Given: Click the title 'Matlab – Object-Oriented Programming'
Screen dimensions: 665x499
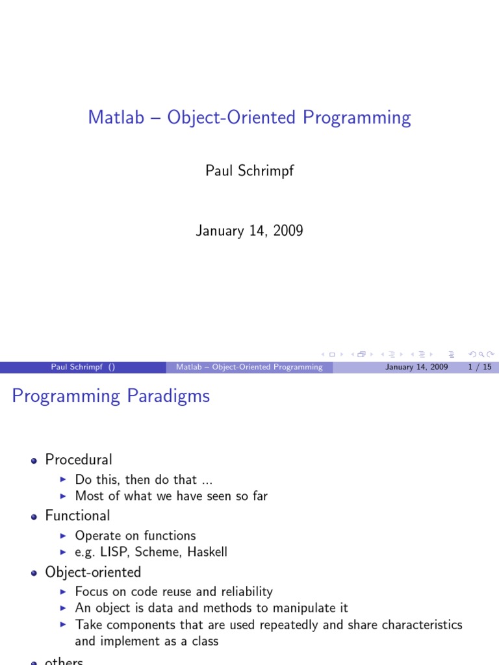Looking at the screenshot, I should (x=249, y=118).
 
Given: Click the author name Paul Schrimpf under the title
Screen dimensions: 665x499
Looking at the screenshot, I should (x=249, y=171).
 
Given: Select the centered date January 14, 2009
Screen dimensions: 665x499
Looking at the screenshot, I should (x=249, y=231).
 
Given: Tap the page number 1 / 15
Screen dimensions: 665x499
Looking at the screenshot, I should (x=480, y=367).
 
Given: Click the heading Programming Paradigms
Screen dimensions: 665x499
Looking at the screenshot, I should (x=111, y=396).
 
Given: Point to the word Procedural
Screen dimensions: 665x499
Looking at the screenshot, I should (x=79, y=460).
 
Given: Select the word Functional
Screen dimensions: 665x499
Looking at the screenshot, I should (x=77, y=516).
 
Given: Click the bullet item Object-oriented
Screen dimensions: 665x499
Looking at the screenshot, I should (x=93, y=572).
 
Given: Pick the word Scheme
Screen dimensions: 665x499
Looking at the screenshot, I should (x=159, y=553).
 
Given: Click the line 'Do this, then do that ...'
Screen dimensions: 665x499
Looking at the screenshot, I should (x=144, y=479).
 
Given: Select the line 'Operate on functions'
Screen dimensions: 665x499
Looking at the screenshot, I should (x=135, y=536).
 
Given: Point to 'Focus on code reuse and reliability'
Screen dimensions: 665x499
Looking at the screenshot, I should (x=173, y=592).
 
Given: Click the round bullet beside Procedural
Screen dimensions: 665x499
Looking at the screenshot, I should (x=34, y=460).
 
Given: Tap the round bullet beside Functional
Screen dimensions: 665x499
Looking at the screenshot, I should (x=34, y=516).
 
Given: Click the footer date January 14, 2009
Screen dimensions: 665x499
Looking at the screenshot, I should (x=416, y=367).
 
